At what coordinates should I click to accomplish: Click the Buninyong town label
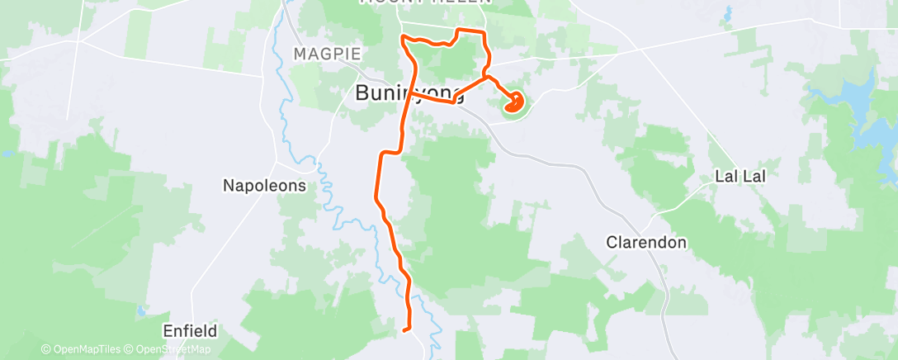coord(409,93)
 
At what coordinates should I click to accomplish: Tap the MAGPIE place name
coord(328,54)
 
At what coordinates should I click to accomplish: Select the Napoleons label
coord(264,186)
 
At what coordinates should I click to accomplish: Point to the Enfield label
coord(190,331)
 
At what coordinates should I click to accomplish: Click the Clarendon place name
coord(646,243)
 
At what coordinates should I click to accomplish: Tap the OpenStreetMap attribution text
coord(174,349)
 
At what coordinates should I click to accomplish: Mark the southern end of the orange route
coord(404,330)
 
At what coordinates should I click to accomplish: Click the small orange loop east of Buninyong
coord(513,103)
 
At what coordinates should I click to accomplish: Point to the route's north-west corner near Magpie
coord(402,37)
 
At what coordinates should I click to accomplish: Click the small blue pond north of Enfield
coord(141,312)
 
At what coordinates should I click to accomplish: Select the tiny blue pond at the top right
coord(728,13)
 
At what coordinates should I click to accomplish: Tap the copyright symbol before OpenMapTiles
coord(45,349)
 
